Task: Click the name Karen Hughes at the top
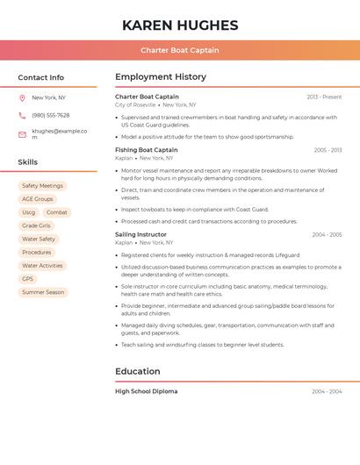tap(180, 25)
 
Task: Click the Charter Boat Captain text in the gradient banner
tap(180, 50)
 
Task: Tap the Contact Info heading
tap(41, 77)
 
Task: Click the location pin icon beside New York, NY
tap(22, 97)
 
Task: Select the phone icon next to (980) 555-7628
tap(22, 115)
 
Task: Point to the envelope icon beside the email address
tap(22, 133)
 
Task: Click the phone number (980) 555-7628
tap(50, 115)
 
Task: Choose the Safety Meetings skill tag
tap(42, 186)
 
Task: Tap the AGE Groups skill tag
tap(38, 199)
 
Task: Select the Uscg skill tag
tap(29, 212)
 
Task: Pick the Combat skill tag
tap(57, 212)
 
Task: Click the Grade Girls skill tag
tap(37, 225)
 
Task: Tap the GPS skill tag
tap(28, 279)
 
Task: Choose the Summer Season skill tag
tap(43, 292)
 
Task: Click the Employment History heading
tap(161, 77)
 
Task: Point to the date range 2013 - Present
tap(324, 97)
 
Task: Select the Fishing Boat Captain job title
tap(146, 150)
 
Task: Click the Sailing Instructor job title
tap(140, 235)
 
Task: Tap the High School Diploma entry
tap(146, 391)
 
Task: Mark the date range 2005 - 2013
tap(328, 150)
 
